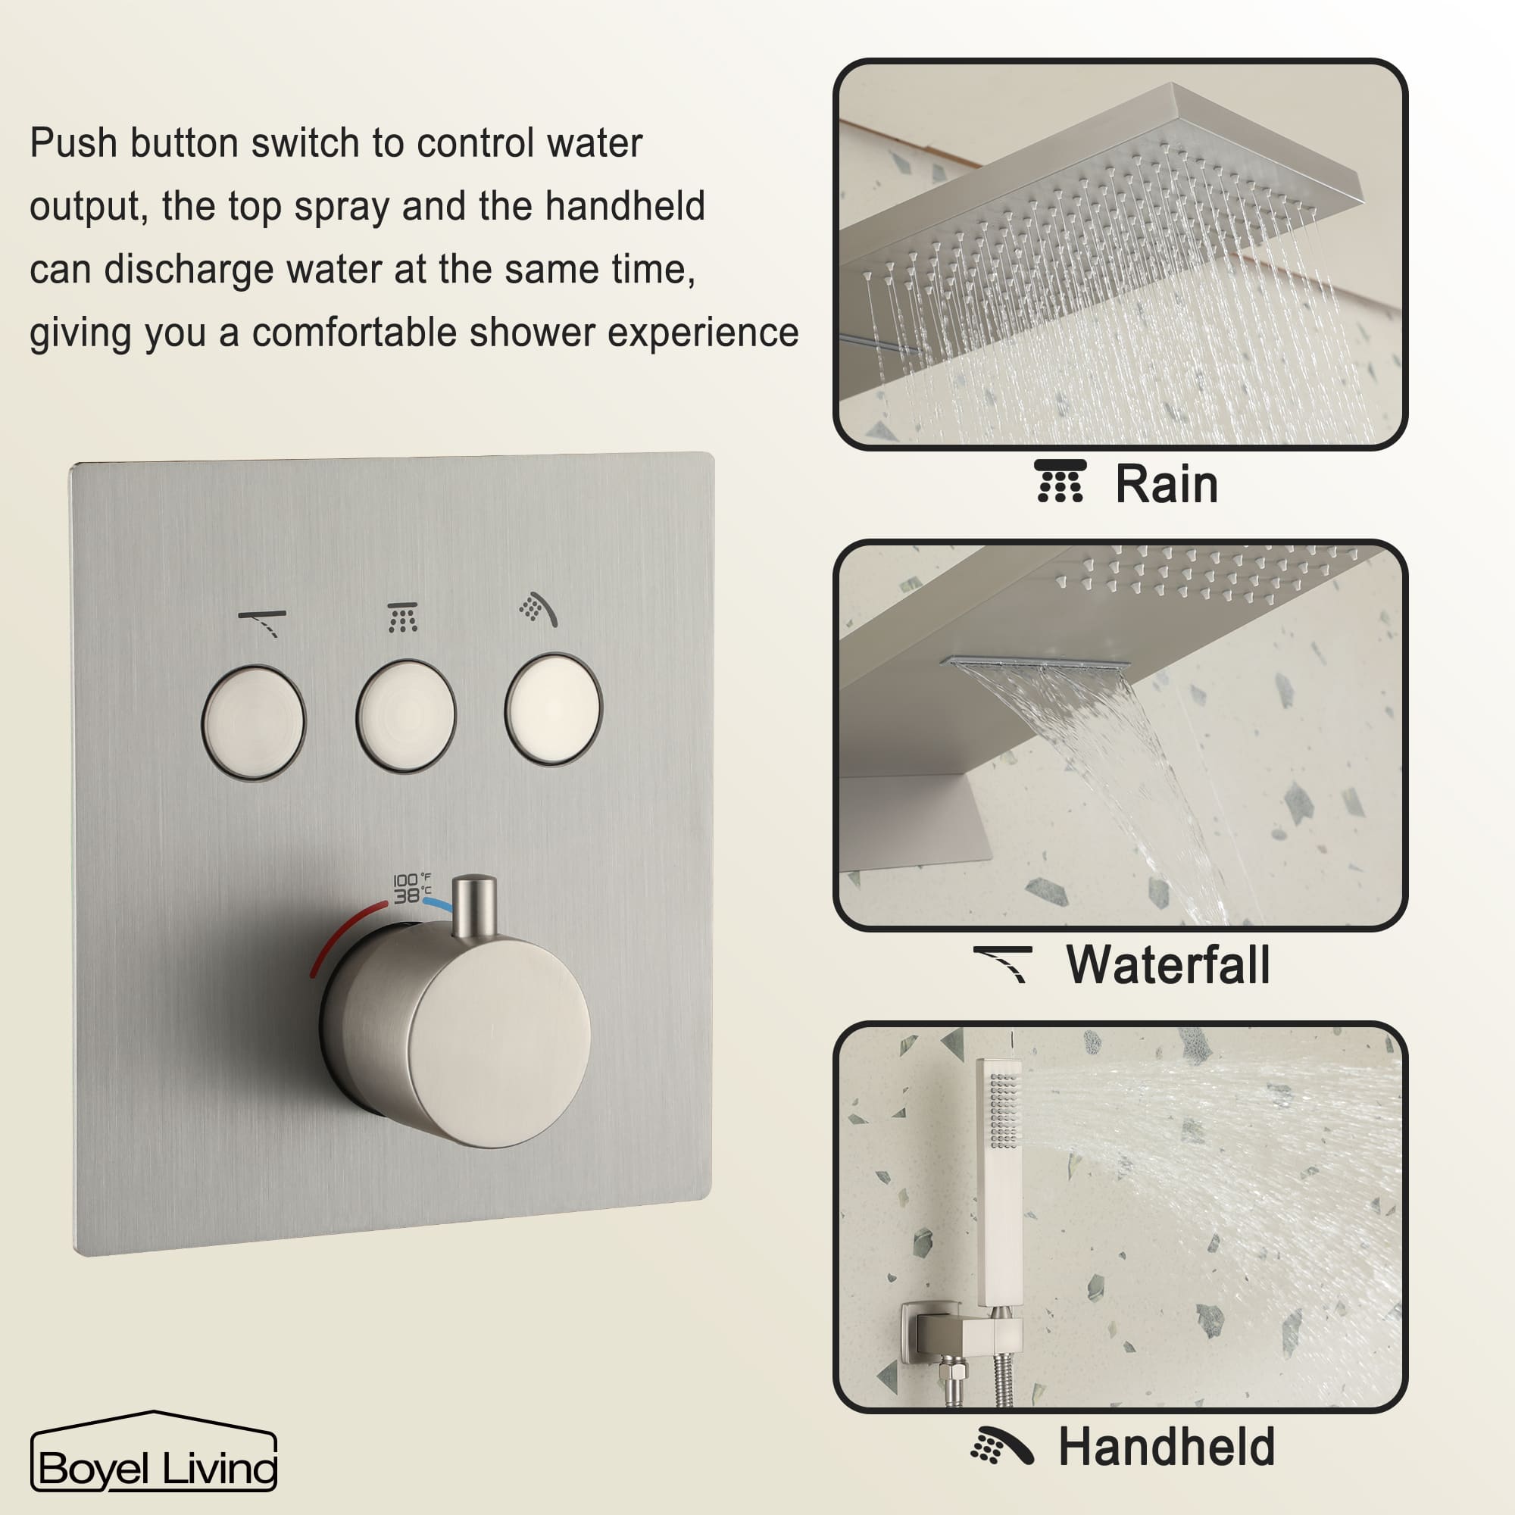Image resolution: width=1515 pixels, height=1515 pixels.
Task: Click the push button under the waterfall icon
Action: coord(253,722)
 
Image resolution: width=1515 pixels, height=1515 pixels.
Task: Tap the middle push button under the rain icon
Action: coord(405,716)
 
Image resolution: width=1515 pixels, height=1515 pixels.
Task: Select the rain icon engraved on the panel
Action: coord(402,618)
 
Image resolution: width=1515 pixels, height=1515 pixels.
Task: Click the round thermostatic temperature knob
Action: coord(463,1035)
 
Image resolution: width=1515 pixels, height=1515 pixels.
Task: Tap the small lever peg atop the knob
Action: coord(474,906)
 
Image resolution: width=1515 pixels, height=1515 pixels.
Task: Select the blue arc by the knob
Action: coord(438,905)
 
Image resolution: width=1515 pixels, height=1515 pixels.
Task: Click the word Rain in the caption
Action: coord(1166,485)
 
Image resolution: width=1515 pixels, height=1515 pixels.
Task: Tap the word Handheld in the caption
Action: coord(1166,1447)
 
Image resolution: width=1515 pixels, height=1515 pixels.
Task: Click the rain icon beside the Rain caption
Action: coord(1060,482)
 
